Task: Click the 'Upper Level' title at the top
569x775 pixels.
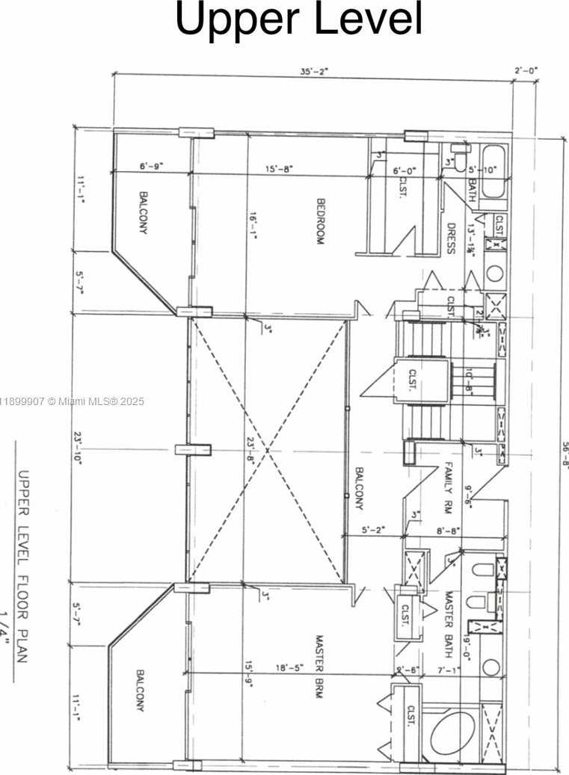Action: (x=299, y=20)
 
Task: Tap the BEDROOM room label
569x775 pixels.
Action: (x=320, y=221)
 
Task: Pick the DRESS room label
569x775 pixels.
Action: (x=451, y=238)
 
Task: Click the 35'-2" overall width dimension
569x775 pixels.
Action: (x=314, y=71)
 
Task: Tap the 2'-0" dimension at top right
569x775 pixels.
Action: (x=526, y=71)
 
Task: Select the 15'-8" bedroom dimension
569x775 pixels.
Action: (x=280, y=169)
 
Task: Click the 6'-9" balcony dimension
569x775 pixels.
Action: (x=151, y=167)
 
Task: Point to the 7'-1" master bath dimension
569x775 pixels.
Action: (x=449, y=670)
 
